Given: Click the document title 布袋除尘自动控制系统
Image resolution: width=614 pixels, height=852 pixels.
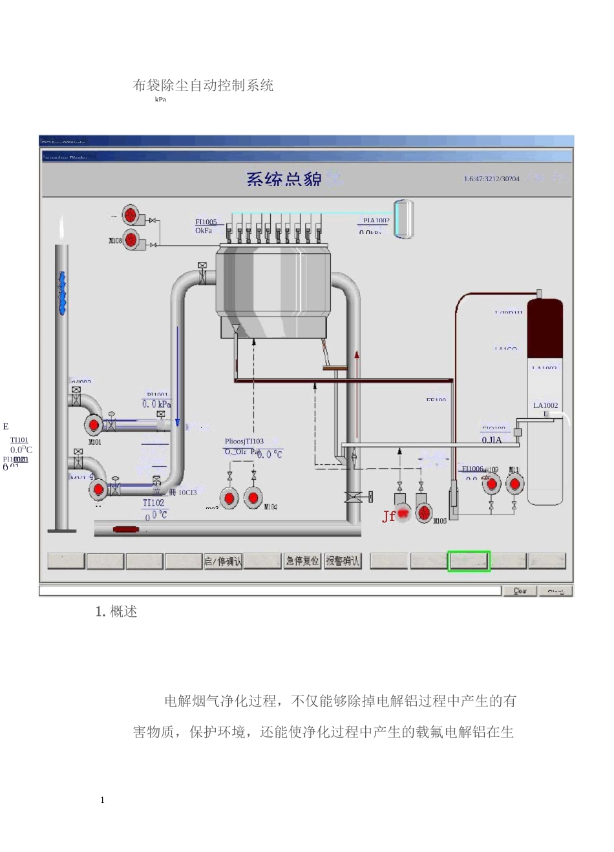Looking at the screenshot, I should [x=203, y=85].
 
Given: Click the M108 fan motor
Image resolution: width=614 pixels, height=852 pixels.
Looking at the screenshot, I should [x=132, y=240].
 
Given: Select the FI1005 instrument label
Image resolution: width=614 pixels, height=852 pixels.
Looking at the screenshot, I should [x=206, y=222].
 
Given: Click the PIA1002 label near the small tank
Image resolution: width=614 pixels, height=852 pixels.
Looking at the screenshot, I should [x=376, y=220].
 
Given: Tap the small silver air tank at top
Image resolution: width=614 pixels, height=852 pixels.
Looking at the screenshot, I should [x=404, y=218].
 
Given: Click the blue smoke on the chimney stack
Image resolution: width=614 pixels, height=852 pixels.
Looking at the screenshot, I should [x=62, y=293].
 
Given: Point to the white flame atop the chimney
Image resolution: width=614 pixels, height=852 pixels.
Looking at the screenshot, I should [x=61, y=228].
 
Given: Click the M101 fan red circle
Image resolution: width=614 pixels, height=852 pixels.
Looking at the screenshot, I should [x=94, y=425].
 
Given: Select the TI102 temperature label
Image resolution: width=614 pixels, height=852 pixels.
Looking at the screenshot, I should [x=154, y=503].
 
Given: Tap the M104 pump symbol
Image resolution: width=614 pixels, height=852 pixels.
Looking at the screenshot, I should [x=253, y=498].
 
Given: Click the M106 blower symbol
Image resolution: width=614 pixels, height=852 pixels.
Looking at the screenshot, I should [x=424, y=513].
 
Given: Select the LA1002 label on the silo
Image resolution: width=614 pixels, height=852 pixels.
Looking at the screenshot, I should [x=545, y=405].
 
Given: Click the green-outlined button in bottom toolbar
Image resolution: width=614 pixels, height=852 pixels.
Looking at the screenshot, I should [x=469, y=561].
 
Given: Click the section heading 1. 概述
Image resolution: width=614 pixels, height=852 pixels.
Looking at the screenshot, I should [x=116, y=612].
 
